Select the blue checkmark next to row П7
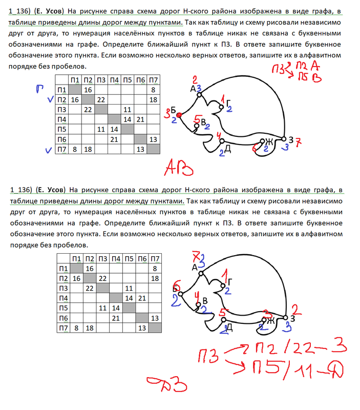tap(47, 150)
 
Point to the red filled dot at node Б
tap(180, 115)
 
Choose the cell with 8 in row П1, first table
tap(153, 90)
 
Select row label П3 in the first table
tap(62, 109)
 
